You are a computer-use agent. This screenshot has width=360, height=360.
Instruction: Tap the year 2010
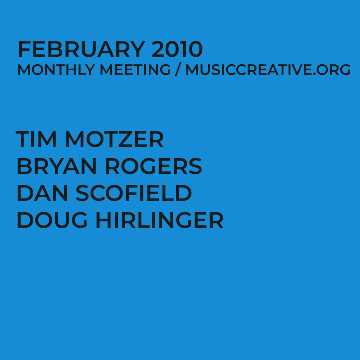point(177,50)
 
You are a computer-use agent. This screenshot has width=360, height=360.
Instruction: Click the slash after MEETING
point(178,70)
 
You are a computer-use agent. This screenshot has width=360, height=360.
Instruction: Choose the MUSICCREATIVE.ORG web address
point(268,70)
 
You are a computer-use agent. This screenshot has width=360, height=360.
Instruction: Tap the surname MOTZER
point(114,139)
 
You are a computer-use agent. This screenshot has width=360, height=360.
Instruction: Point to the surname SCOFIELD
point(134,193)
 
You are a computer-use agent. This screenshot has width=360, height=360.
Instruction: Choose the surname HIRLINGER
point(160,220)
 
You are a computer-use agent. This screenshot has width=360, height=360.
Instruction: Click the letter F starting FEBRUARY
point(24,50)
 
